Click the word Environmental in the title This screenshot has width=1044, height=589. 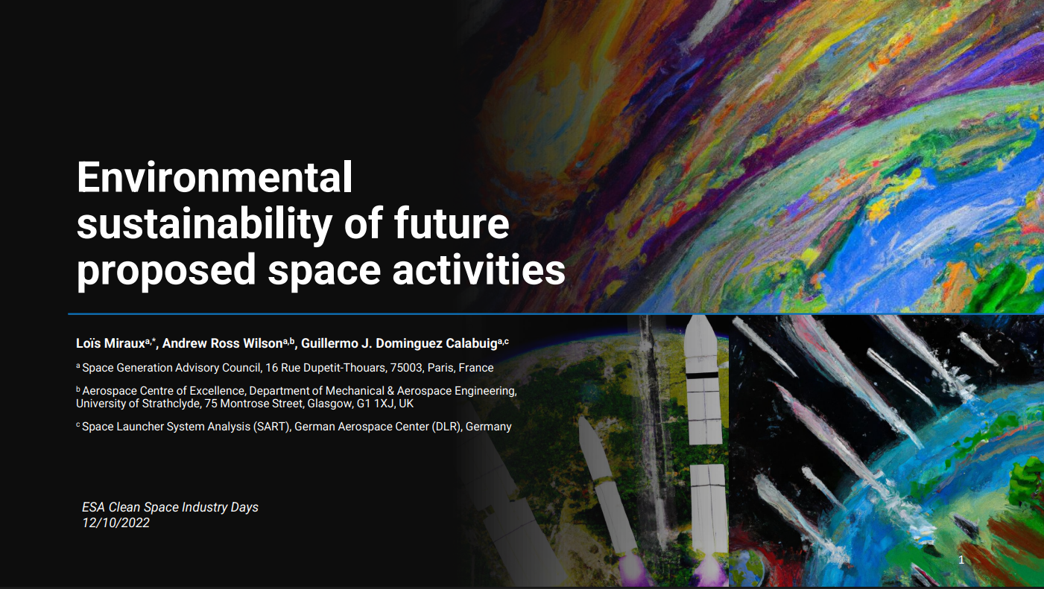pyautogui.click(x=215, y=179)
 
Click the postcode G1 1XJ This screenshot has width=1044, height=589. pyautogui.click(x=375, y=404)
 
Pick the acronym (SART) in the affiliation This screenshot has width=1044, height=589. pyautogui.click(x=271, y=427)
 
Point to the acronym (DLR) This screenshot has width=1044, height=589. pyautogui.click(x=446, y=427)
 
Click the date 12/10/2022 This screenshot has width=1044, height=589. pyautogui.click(x=116, y=523)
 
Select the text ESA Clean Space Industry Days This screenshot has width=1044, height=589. pyautogui.click(x=170, y=507)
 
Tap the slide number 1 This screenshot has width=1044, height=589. pyautogui.click(x=961, y=560)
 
